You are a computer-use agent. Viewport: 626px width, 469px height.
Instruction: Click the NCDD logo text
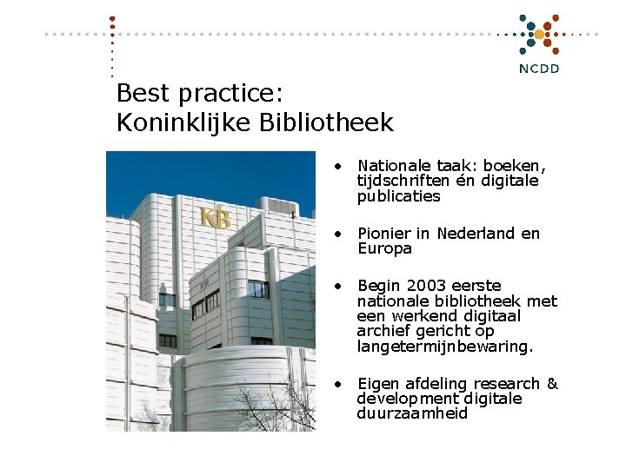pos(539,69)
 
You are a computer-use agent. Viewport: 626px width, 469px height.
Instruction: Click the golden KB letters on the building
pos(216,217)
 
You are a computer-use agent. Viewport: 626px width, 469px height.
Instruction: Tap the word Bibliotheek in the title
pos(326,123)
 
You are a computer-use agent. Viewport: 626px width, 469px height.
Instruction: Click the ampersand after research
pos(552,384)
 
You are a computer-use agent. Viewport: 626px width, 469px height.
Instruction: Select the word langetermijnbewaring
pos(443,347)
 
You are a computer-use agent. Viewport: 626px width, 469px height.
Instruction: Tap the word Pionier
pos(383,234)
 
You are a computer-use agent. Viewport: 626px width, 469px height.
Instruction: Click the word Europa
pos(384,249)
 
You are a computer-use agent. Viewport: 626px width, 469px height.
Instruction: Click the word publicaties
pos(398,196)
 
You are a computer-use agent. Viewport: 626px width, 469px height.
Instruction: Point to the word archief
pos(383,331)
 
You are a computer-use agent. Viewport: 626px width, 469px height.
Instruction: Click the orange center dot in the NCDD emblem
pos(539,35)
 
